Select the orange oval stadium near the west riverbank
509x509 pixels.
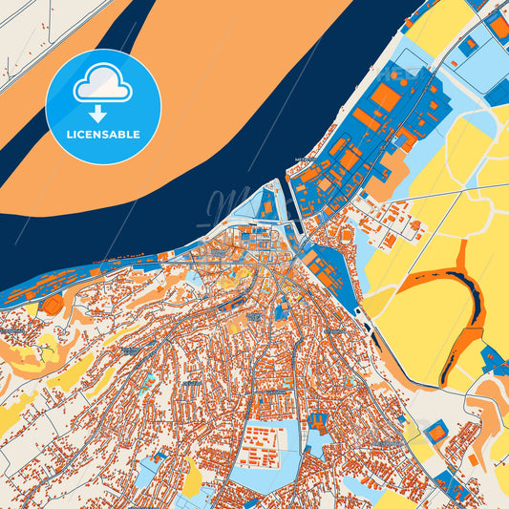tap(53, 305)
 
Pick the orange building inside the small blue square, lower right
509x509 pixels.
tap(435, 433)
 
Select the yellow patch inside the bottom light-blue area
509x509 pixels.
tap(192, 477)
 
